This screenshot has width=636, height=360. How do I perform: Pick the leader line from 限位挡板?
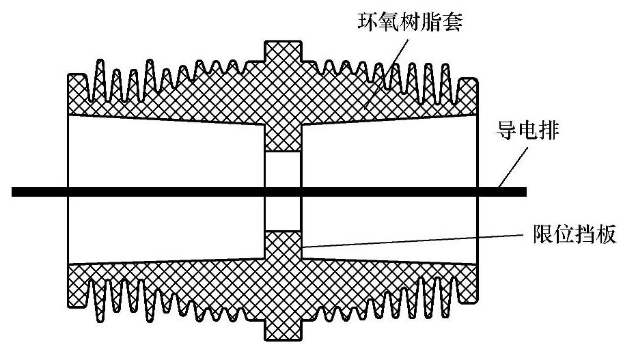tap(410, 240)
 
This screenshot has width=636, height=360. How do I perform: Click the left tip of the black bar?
tap(14, 191)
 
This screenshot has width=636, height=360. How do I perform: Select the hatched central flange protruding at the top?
tap(281, 55)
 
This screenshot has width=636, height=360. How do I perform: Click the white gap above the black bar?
tap(281, 167)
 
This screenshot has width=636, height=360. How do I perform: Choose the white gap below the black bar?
tap(281, 215)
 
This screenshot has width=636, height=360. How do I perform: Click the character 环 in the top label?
tap(370, 21)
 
